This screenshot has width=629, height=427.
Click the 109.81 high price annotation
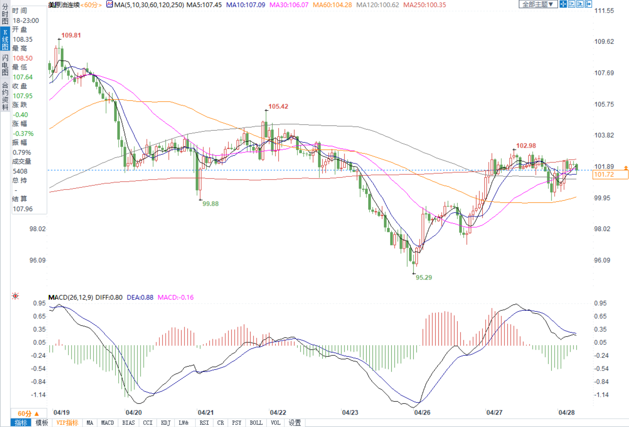[x=71, y=35]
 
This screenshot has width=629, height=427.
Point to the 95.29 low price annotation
[x=423, y=277]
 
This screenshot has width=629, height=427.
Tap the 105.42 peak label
[x=278, y=106]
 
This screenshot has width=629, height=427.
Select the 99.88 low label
[x=210, y=204]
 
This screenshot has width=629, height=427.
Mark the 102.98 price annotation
[x=526, y=146]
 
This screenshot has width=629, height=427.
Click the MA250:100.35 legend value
[x=424, y=5]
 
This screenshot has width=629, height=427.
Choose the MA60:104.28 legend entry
[x=332, y=5]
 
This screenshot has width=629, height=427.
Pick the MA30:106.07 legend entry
[x=289, y=5]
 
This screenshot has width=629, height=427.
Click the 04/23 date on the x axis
[x=350, y=412]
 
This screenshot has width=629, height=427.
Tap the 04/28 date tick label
[x=566, y=412]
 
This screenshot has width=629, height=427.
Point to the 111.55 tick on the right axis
[x=604, y=11]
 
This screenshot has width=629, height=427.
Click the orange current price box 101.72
[x=610, y=174]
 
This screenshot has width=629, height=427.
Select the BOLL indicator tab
[x=256, y=423]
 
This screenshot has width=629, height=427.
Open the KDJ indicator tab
[x=166, y=423]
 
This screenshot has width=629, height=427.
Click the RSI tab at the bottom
[x=204, y=423]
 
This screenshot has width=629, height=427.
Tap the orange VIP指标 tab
[x=67, y=423]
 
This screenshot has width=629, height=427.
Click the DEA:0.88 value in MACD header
[x=140, y=298]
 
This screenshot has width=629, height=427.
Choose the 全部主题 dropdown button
[x=538, y=4]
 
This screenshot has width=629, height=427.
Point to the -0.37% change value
[x=23, y=134]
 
